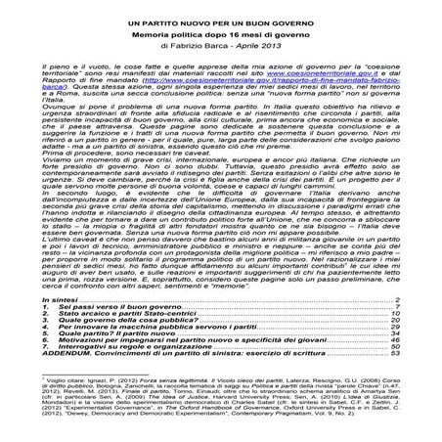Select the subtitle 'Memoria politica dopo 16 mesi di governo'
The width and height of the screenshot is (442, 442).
coord(220,33)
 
